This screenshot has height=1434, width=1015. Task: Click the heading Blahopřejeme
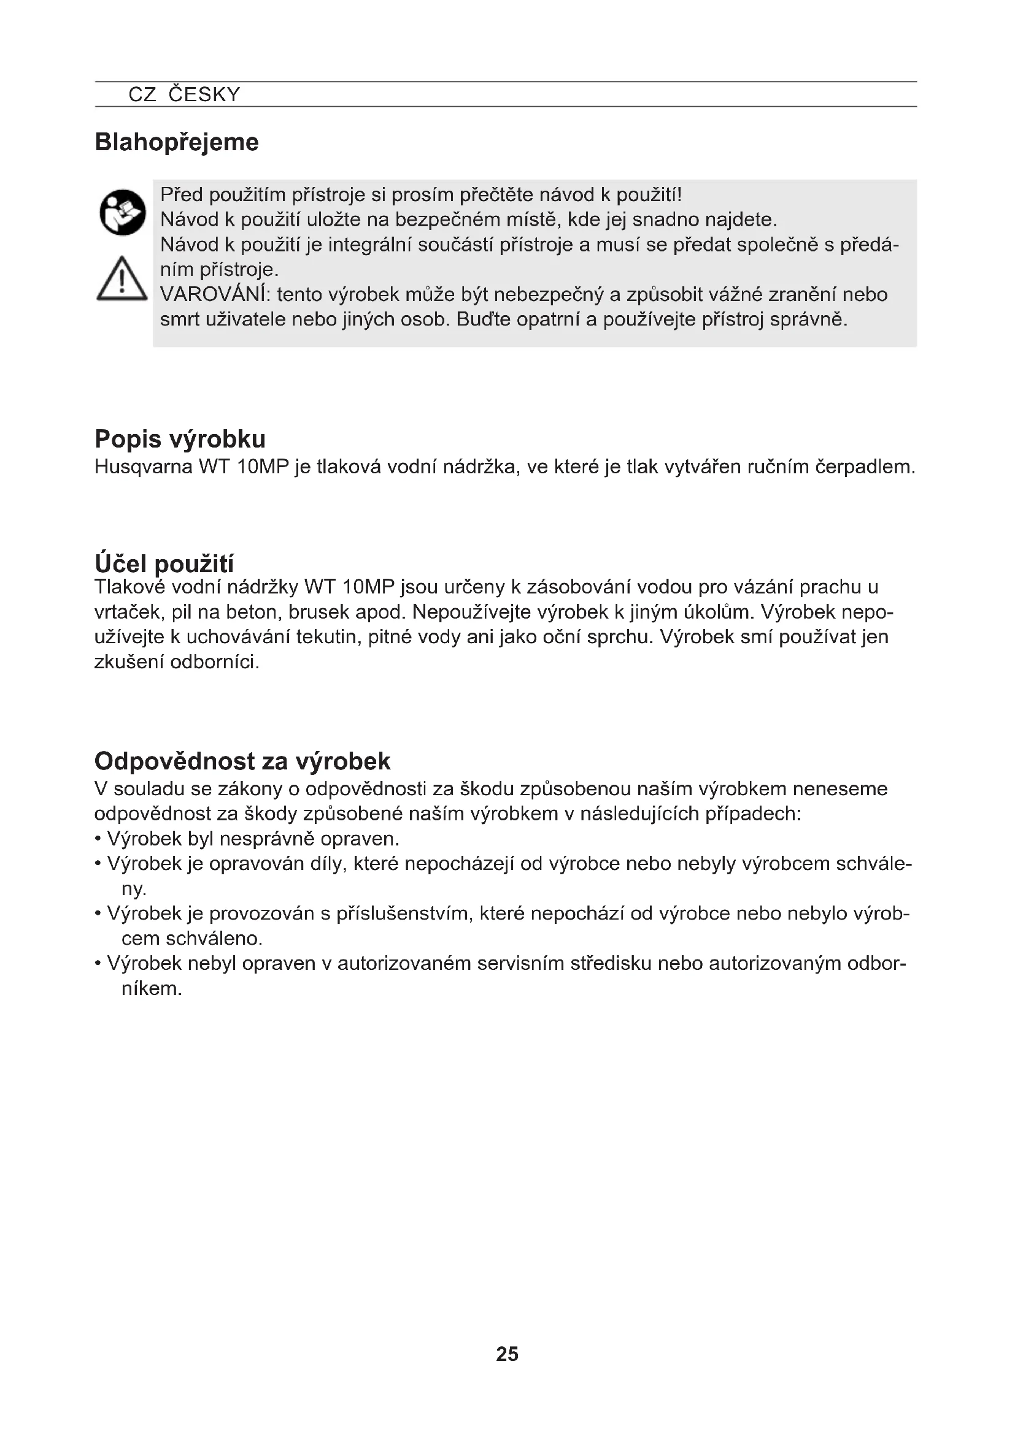click(176, 143)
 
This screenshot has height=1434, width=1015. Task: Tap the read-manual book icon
click(123, 212)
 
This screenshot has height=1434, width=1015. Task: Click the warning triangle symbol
click(122, 279)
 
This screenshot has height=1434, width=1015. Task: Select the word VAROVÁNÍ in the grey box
click(213, 295)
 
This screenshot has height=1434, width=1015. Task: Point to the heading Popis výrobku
click(180, 440)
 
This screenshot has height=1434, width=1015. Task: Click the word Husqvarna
click(143, 467)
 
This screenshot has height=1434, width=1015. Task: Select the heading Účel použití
click(164, 563)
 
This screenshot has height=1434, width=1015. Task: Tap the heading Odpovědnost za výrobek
click(242, 761)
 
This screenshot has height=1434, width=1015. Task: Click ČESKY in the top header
click(204, 95)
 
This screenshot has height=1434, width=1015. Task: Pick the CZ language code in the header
click(142, 95)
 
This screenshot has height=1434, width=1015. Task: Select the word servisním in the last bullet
click(520, 964)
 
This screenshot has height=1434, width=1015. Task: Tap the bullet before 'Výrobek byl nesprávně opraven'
click(98, 839)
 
